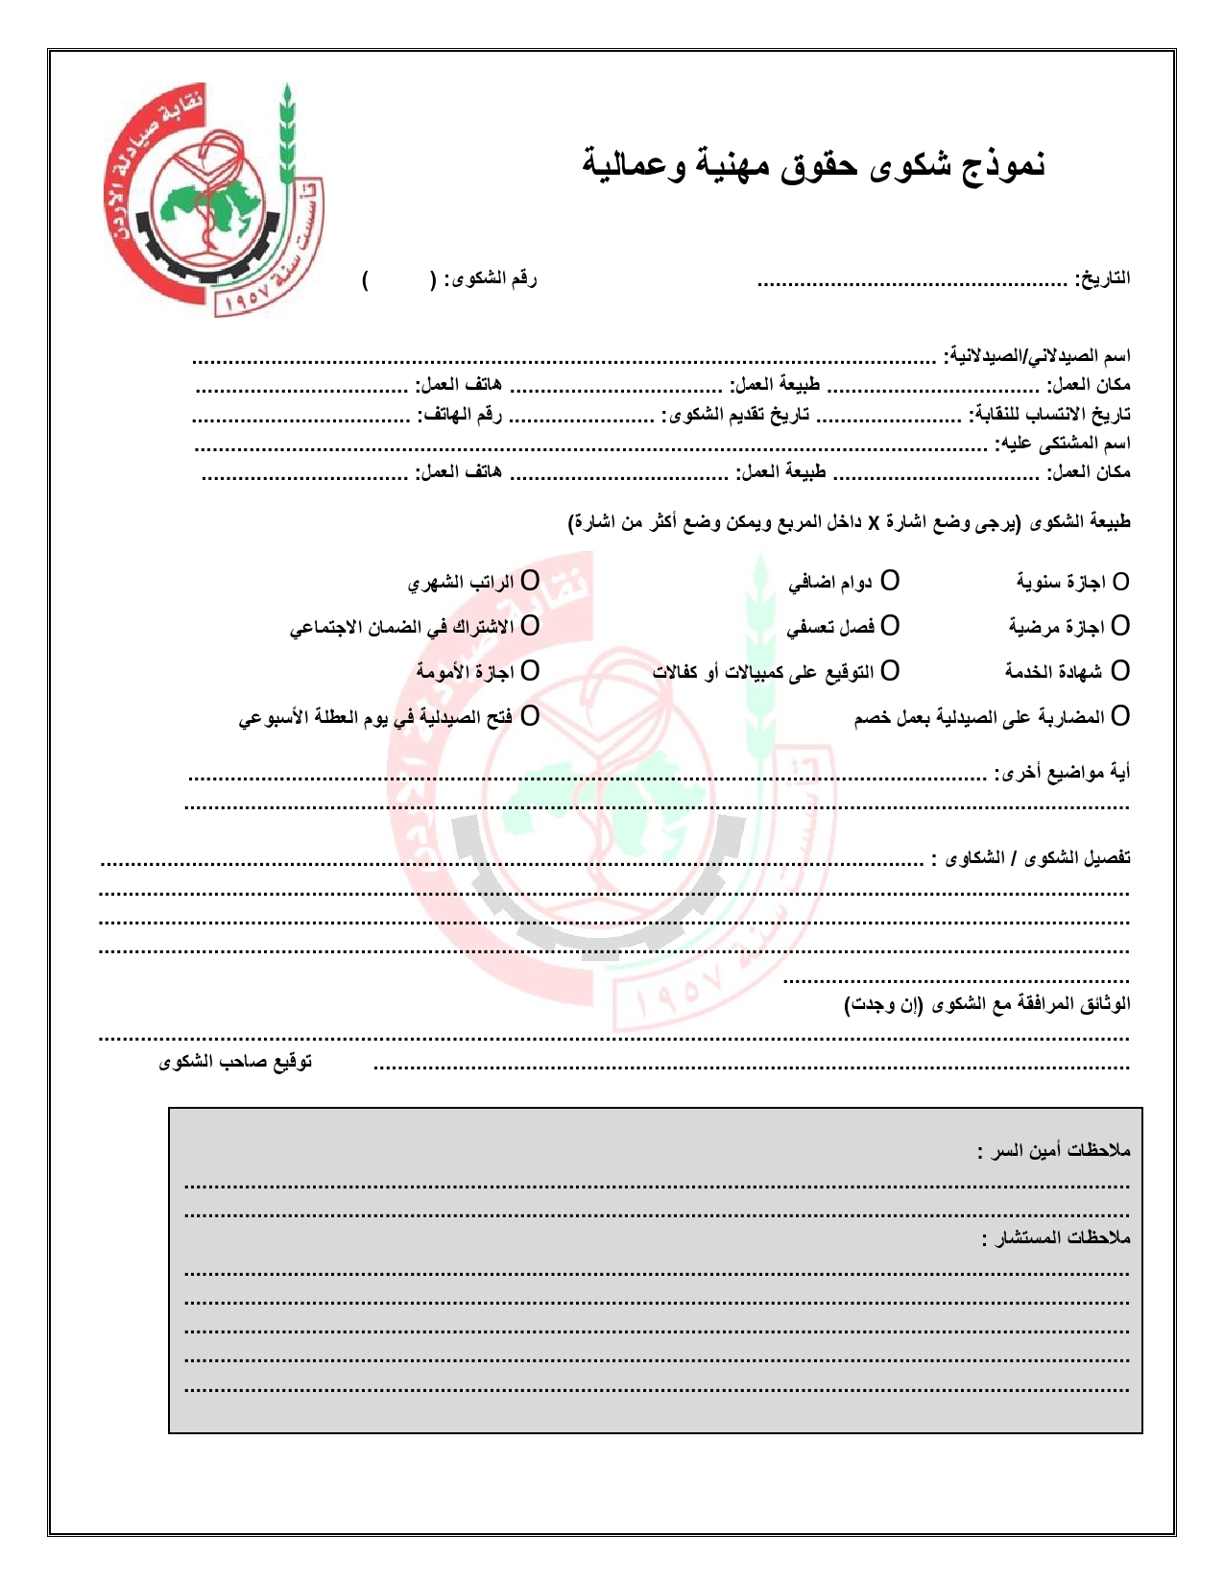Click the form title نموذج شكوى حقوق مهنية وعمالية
pyautogui.click(x=814, y=164)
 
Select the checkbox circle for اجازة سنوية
pyautogui.click(x=1120, y=582)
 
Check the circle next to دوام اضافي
pyautogui.click(x=890, y=581)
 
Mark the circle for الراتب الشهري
pyautogui.click(x=530, y=581)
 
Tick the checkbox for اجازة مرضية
pyautogui.click(x=1120, y=626)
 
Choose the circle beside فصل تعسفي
pyautogui.click(x=890, y=626)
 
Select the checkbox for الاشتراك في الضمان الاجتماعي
pyautogui.click(x=530, y=626)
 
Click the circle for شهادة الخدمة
pyautogui.click(x=1120, y=670)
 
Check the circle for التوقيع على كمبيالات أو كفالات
pyautogui.click(x=890, y=670)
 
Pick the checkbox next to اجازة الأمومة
pyautogui.click(x=530, y=670)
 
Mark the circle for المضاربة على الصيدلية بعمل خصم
pyautogui.click(x=1120, y=716)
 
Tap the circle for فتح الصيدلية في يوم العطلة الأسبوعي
pyautogui.click(x=530, y=716)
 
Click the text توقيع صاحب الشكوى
pyautogui.click(x=236, y=1062)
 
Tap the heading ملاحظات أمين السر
pyautogui.click(x=1054, y=1150)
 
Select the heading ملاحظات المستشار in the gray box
pyautogui.click(x=1056, y=1238)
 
